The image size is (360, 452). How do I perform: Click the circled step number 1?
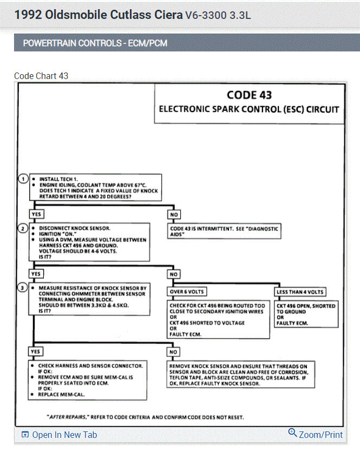tap(23, 179)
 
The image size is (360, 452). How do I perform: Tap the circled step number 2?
tap(23, 228)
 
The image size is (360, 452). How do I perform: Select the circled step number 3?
tap(23, 288)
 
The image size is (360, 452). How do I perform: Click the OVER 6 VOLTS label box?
tap(187, 292)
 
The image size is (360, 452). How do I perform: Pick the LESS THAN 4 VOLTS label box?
tap(300, 292)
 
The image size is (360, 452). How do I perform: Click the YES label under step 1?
tap(37, 214)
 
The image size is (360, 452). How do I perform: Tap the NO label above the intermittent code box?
tap(174, 214)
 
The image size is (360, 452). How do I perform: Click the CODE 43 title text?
tap(249, 95)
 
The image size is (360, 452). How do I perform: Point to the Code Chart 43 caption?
tap(41, 76)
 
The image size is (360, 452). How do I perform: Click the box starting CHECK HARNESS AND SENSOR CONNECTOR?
tap(89, 379)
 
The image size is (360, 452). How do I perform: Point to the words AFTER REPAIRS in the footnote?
tap(66, 417)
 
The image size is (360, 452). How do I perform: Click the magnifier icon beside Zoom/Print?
tap(292, 433)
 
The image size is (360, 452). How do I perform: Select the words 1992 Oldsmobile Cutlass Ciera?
tap(98, 14)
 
